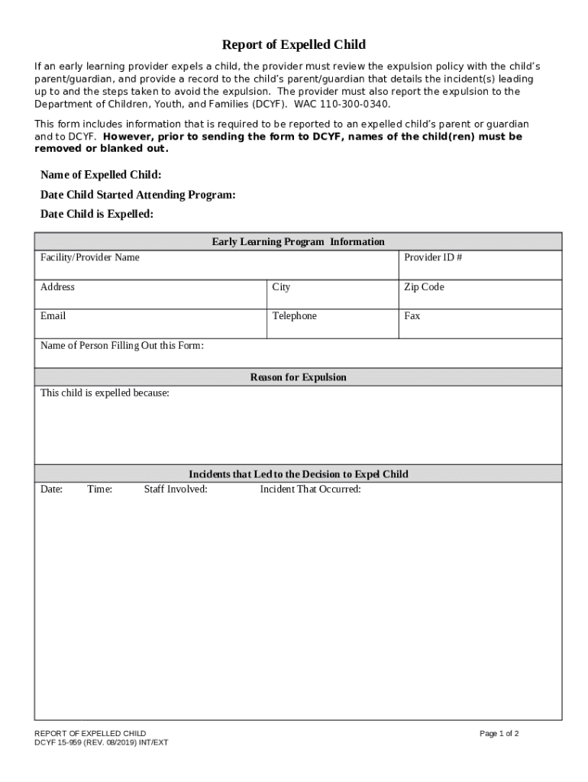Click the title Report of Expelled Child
coord(294,45)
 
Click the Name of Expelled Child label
coord(101,175)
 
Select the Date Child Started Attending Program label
coord(137,195)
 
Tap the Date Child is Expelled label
coord(97,215)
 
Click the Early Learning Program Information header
coord(298,242)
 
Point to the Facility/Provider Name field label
coord(90,257)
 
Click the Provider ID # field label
coord(433,257)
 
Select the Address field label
coord(57,287)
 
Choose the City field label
coord(281,287)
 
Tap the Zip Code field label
coord(424,287)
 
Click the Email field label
coord(53,316)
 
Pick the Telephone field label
coord(294,316)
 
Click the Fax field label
coord(412,316)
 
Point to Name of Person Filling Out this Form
coord(122,346)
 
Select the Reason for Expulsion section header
coord(298,377)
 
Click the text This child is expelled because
coord(105,393)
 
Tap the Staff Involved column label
coord(176,490)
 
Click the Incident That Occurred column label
coord(310,490)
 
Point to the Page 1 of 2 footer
coord(499,734)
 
